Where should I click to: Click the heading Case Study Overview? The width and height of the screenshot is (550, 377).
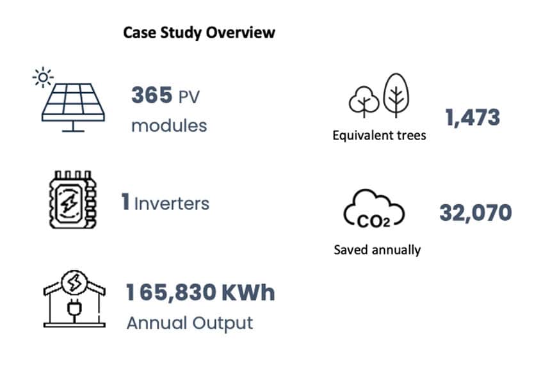[198, 33]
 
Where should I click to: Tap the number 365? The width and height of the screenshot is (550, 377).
[152, 96]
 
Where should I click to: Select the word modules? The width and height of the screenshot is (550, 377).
[169, 125]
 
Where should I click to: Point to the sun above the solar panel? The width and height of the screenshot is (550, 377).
[43, 78]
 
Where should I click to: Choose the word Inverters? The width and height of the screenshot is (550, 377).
[172, 204]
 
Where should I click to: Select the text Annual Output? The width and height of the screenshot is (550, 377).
[190, 323]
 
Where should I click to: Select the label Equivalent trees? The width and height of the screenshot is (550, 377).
[379, 136]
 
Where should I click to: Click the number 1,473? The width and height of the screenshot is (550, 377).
[472, 117]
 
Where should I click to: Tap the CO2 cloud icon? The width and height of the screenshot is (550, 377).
[374, 211]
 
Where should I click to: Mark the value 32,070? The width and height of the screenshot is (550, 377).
[475, 213]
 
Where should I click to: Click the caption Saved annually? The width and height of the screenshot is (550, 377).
[377, 249]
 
